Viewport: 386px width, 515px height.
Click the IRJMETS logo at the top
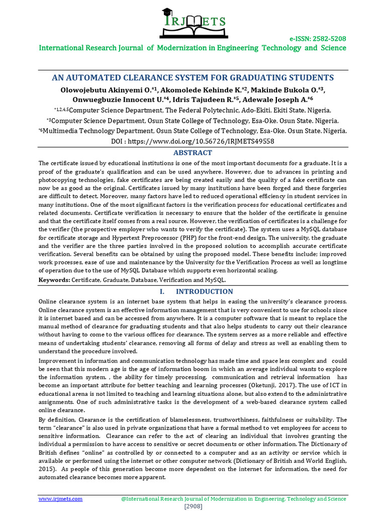coord(193,23)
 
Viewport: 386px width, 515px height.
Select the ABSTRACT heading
coord(192,152)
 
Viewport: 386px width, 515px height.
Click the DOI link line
coord(192,141)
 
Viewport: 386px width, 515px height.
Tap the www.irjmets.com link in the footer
coord(61,498)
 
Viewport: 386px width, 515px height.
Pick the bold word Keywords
coord(54,279)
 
